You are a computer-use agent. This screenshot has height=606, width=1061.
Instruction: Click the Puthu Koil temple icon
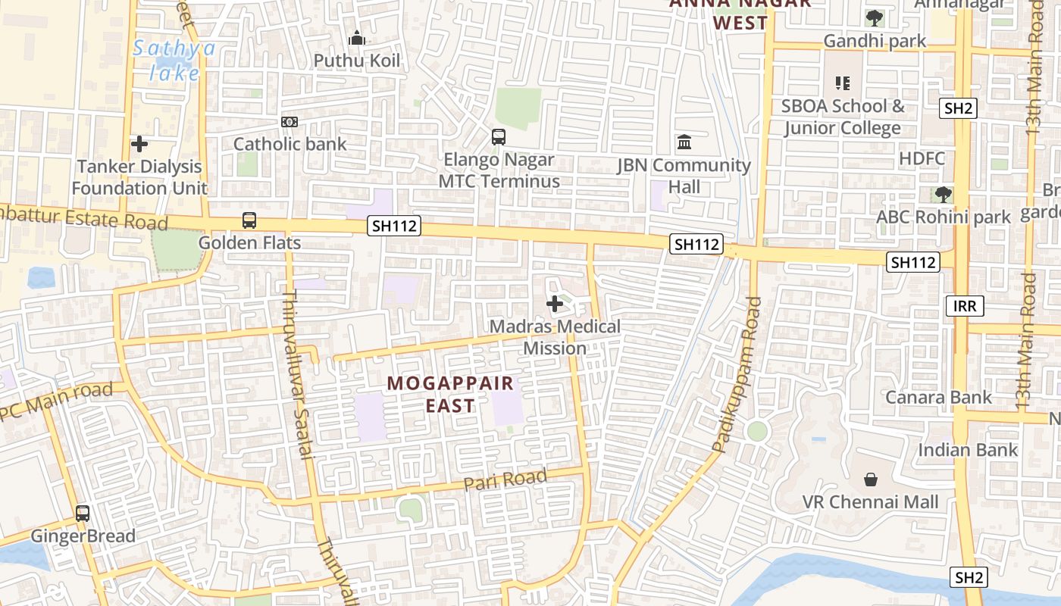[x=356, y=38]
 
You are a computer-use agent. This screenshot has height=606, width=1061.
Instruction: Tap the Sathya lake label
[x=174, y=61]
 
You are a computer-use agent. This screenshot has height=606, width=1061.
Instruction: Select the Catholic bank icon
[x=289, y=122]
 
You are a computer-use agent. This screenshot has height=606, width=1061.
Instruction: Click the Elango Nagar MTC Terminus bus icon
[x=499, y=137]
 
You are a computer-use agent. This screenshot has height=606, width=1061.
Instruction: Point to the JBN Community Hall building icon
[x=684, y=142]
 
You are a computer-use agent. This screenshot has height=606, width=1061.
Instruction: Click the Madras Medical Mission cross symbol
[x=555, y=304]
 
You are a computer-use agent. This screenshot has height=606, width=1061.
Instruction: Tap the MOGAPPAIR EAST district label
[x=450, y=394]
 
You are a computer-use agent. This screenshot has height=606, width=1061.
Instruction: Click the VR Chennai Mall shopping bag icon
[x=871, y=479]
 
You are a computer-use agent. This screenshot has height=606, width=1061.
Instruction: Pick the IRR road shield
[x=965, y=306]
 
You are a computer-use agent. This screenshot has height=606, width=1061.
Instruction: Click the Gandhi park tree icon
[x=875, y=18]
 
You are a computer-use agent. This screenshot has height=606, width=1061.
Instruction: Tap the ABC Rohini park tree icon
[x=944, y=195]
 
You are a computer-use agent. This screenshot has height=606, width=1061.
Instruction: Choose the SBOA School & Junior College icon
[x=843, y=83]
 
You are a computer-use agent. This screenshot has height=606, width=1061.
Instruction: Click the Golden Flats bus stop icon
[x=249, y=220]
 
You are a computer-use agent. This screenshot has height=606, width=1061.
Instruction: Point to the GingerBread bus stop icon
[x=83, y=514]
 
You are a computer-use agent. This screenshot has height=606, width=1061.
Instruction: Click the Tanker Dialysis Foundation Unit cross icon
[x=139, y=144]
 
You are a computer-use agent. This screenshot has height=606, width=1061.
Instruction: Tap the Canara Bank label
[x=938, y=397]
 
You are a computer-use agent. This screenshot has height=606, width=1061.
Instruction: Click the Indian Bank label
[x=968, y=450]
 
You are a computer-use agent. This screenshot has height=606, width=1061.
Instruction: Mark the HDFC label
[x=922, y=158]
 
